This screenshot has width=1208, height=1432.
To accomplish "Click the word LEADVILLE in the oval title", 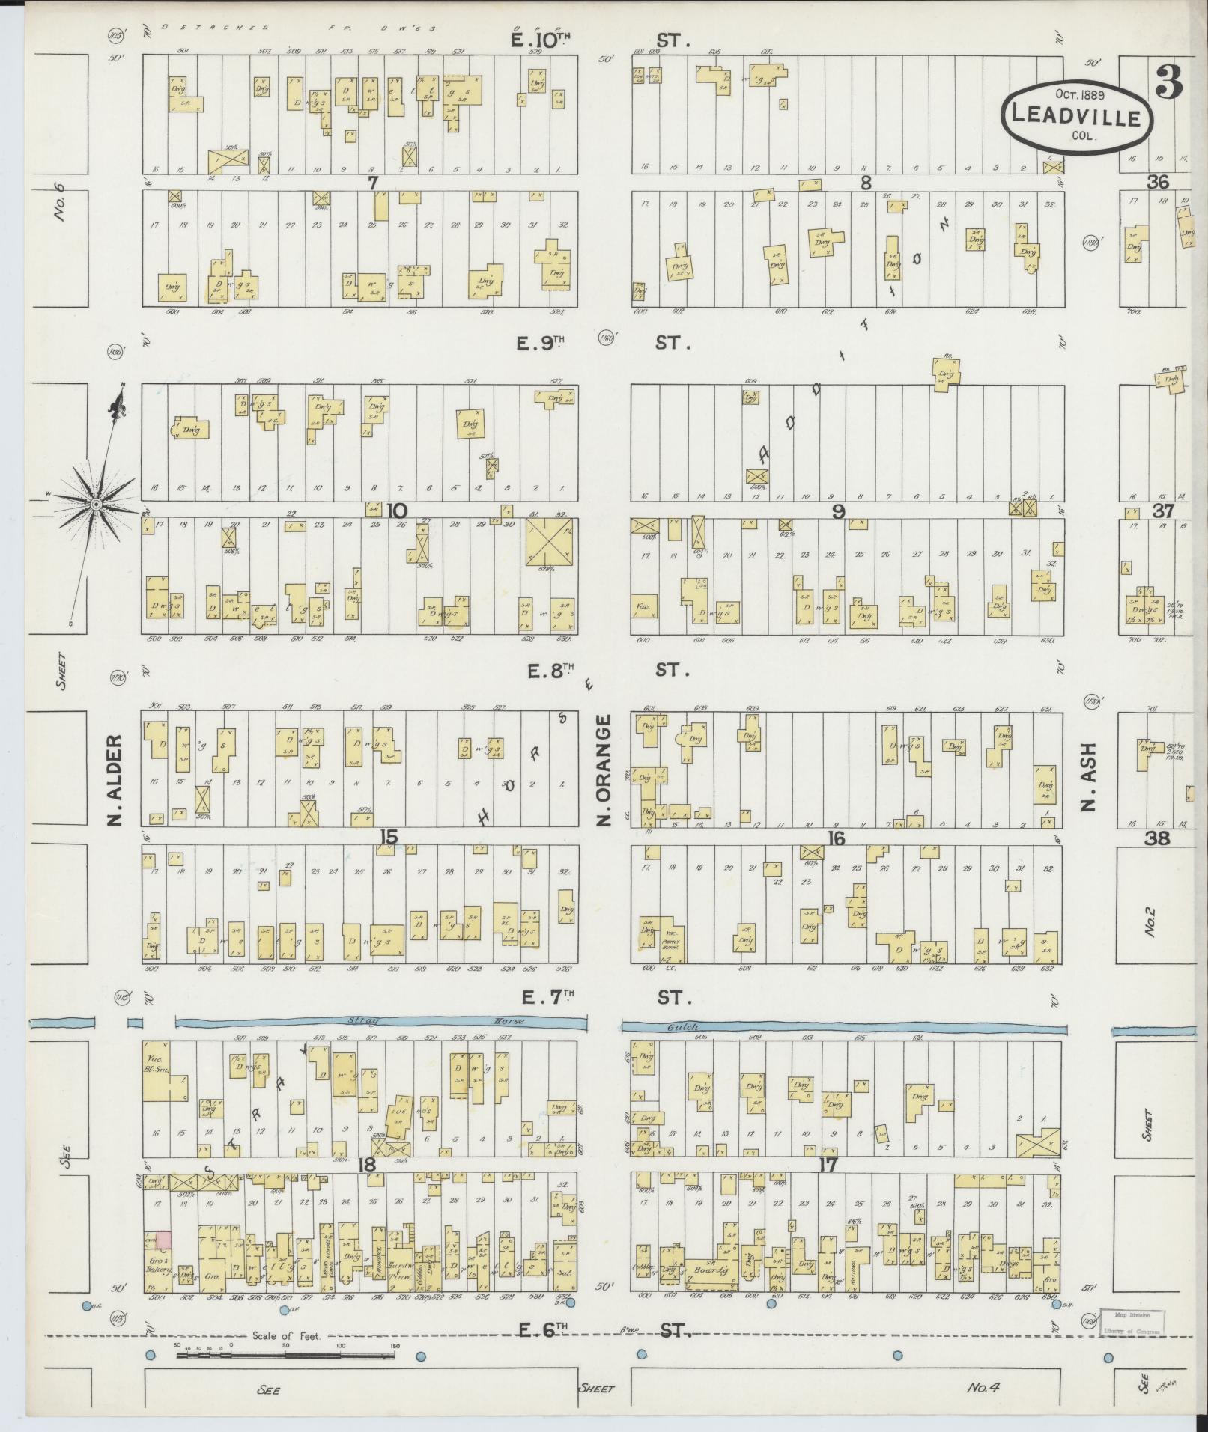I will pyautogui.click(x=1076, y=117).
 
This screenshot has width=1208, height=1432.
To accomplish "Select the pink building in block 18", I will pyautogui.click(x=163, y=1240).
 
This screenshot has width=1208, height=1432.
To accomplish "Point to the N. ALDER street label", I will pyautogui.click(x=114, y=781).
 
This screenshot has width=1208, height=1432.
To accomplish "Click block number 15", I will pyautogui.click(x=387, y=837).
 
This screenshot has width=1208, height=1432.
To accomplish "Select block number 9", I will pyautogui.click(x=838, y=511).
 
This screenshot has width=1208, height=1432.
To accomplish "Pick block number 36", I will pyautogui.click(x=1157, y=181).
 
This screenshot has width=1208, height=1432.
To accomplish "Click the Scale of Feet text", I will pyautogui.click(x=286, y=1335).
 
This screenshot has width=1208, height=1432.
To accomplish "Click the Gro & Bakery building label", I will pyautogui.click(x=157, y=1264).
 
